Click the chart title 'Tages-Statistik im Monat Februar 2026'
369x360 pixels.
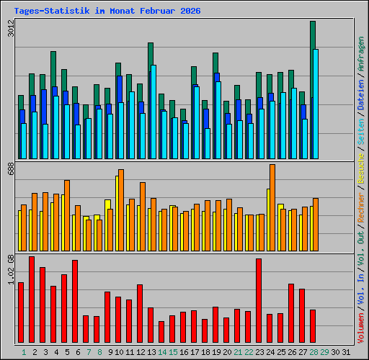pyautogui.click(x=107, y=12)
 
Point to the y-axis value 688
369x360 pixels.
pyautogui.click(x=10, y=168)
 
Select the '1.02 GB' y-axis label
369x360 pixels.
pyautogui.click(x=10, y=269)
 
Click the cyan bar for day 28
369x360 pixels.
pyautogui.click(x=316, y=104)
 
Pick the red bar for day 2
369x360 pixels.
pyautogui.click(x=32, y=300)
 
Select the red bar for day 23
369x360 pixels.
pyautogui.click(x=259, y=300)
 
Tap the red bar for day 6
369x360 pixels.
pyautogui.click(x=75, y=301)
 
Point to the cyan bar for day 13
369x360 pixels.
pyautogui.click(x=154, y=112)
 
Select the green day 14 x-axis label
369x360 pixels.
pyautogui.click(x=162, y=351)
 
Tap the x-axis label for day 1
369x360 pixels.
pyautogui.click(x=24, y=351)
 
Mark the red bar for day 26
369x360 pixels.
pyautogui.click(x=291, y=313)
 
